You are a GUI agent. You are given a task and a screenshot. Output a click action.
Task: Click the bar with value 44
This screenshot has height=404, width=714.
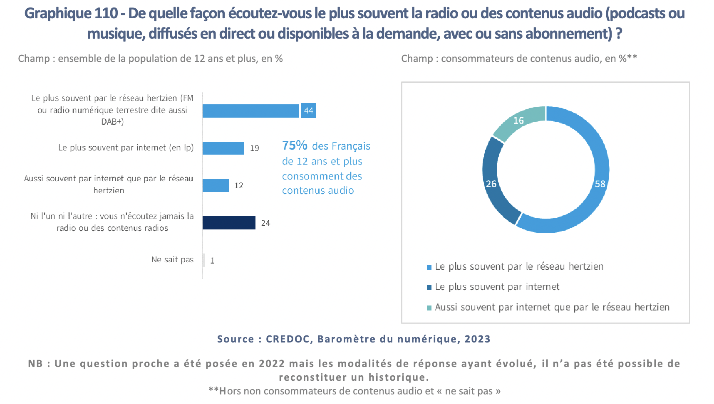[x=250, y=111]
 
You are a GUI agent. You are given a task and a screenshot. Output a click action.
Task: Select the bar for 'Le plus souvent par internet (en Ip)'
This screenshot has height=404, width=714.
[x=223, y=148]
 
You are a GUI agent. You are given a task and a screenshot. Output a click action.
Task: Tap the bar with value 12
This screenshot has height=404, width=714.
[x=216, y=185]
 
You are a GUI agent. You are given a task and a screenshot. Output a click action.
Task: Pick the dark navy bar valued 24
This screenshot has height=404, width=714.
[x=229, y=223]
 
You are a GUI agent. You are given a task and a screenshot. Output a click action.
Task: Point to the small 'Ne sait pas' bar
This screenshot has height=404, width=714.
[x=203, y=260]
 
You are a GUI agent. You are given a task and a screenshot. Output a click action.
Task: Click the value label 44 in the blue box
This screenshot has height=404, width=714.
[x=308, y=111]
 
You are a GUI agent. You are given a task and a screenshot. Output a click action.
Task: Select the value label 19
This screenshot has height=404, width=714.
[x=255, y=148]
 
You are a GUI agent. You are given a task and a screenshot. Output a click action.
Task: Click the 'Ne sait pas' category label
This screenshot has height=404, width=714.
[x=172, y=260]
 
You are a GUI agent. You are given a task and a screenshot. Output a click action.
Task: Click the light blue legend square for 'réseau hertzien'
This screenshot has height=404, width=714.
[x=429, y=267]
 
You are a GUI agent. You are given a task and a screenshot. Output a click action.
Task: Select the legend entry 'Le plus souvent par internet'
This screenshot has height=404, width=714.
[x=497, y=287]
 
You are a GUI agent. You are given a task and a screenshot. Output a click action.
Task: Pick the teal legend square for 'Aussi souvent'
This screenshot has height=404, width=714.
[x=429, y=308]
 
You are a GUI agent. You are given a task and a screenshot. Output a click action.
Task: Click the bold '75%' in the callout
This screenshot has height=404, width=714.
[x=295, y=145]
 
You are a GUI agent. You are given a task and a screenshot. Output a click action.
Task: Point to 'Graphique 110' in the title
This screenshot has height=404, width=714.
[x=71, y=13]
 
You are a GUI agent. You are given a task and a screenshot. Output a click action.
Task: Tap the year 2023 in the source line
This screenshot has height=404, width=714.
[x=478, y=339]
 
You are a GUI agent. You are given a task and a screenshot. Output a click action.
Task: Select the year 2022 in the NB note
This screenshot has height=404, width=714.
[x=272, y=364]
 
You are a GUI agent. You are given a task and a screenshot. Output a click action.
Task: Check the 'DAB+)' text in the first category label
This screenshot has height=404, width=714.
[x=113, y=122]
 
